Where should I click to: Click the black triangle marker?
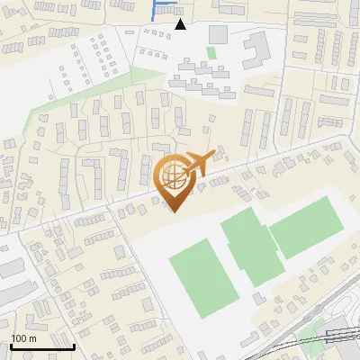(181, 24)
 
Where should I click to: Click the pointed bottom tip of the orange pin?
(175, 211)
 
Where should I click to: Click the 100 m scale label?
(23, 337)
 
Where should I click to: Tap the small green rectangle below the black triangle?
(211, 52)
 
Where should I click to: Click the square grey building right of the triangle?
(219, 33)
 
